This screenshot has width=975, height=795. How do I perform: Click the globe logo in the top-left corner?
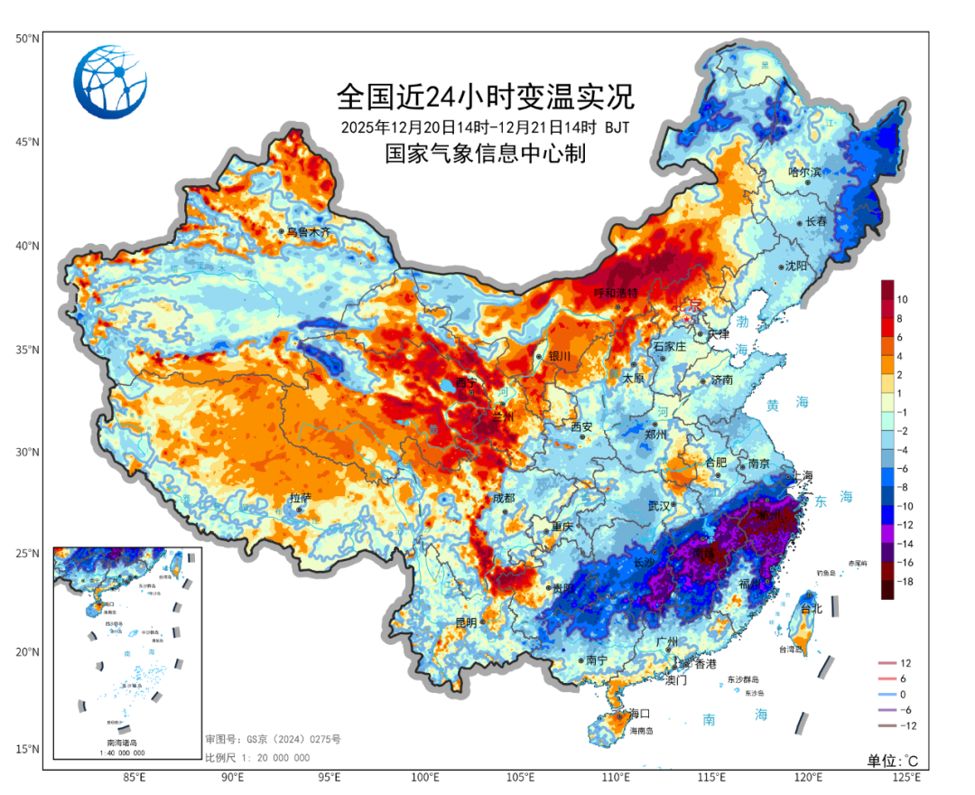(110, 82)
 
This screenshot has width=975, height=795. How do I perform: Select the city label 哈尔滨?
(805, 172)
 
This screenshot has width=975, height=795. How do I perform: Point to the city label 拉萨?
(300, 498)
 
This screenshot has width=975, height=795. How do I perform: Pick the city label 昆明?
(466, 622)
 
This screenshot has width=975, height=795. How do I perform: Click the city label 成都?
(502, 499)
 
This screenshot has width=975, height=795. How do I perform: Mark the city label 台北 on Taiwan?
(812, 608)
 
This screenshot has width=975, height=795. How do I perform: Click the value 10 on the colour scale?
(902, 298)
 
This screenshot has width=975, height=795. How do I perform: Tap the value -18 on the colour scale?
(904, 582)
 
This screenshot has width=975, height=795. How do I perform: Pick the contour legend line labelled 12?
(888, 663)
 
